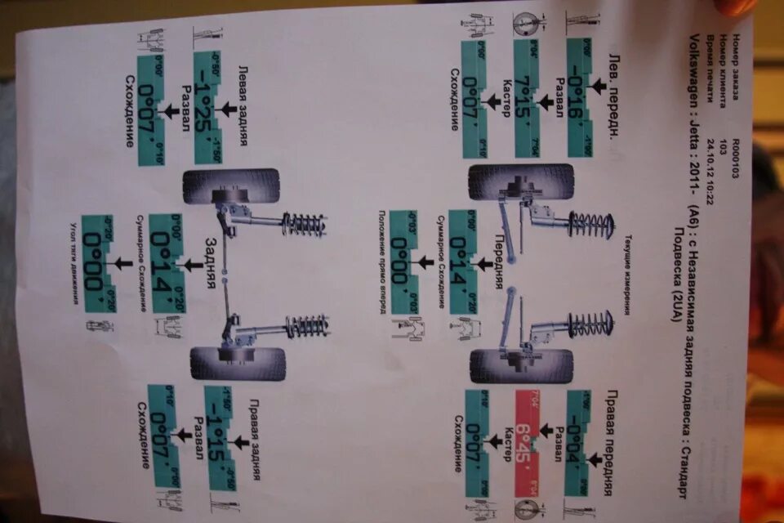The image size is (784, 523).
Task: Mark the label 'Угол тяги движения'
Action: (71, 261)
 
